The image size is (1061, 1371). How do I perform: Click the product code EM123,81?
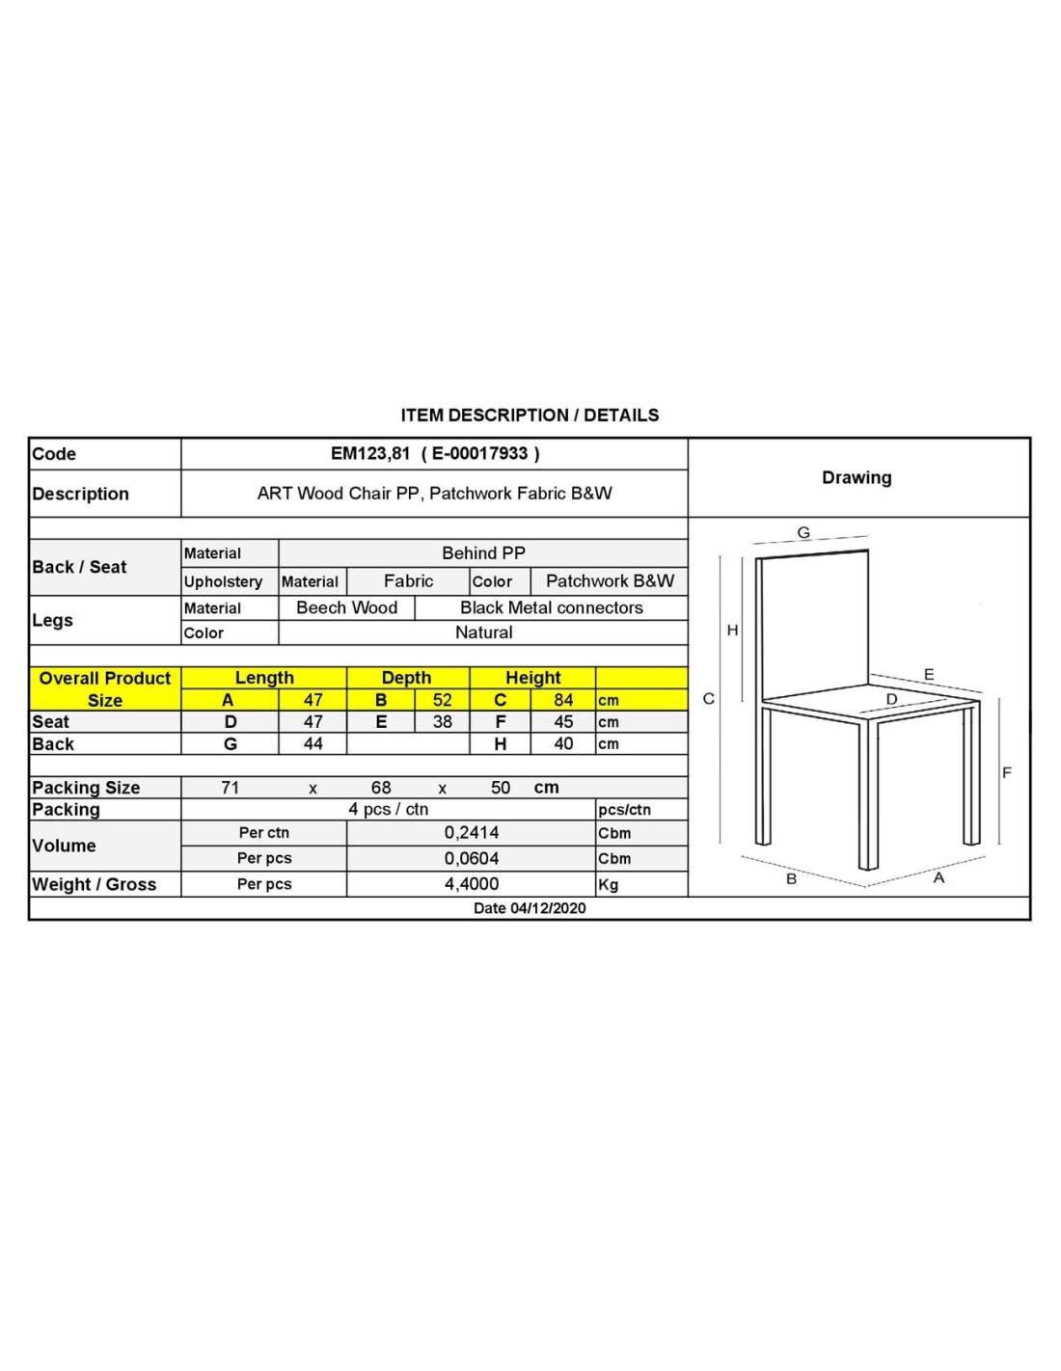pos(370,453)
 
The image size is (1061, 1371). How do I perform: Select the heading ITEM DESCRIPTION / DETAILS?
pos(530,416)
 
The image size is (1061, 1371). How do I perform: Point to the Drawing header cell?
pos(857,477)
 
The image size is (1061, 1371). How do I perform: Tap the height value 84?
pos(563,700)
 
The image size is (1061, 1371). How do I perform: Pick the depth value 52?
pos(442,700)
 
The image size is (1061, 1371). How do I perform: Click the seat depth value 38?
pos(442,722)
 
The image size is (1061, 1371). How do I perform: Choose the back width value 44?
pos(313,744)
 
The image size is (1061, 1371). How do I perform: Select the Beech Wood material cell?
pos(346,607)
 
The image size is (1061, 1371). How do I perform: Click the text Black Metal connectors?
pos(551,607)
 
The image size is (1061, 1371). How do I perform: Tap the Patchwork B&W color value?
pos(610,581)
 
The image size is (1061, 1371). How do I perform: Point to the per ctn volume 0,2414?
pos(472,833)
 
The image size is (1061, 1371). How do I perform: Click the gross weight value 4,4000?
pos(472,884)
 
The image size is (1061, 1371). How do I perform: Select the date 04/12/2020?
pos(530,908)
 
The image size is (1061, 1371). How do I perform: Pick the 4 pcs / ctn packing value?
pos(388,809)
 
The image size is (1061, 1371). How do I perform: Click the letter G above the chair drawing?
pos(803,532)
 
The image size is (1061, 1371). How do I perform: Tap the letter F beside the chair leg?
pos(1007,772)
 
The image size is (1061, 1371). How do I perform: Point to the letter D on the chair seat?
pos(891,699)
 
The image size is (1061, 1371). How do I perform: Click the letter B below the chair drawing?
pos(791,879)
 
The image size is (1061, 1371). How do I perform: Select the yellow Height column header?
pos(532,678)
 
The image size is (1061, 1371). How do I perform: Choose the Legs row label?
pos(52,620)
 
